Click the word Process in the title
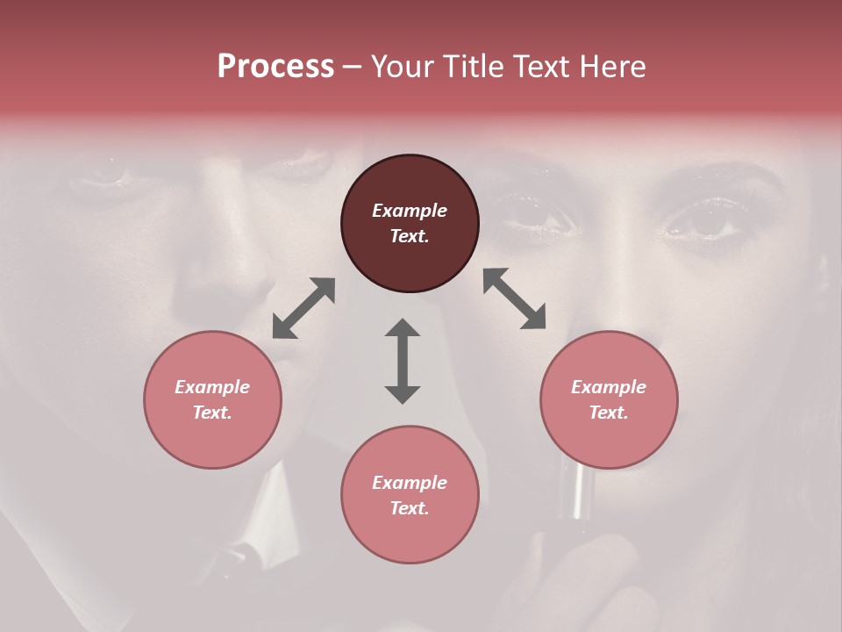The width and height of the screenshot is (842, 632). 275,67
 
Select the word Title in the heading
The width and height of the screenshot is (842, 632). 477,67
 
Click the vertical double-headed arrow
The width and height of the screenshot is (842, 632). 403,361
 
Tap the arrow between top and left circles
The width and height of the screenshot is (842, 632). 303,308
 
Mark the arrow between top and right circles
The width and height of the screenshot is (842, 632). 514,299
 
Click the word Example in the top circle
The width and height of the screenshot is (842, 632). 410,211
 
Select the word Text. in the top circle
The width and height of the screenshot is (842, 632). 410,236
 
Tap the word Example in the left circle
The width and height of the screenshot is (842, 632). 212,387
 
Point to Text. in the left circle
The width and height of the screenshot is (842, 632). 212,413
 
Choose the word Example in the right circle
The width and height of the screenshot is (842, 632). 609,387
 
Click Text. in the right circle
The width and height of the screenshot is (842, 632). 609,413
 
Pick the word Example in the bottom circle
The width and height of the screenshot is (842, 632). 410,483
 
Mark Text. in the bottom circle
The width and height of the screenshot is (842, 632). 410,508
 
